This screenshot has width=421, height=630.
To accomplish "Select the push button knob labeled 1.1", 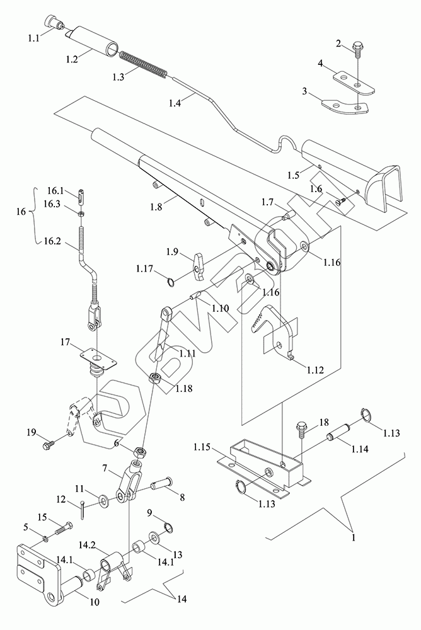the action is pyautogui.click(x=55, y=21).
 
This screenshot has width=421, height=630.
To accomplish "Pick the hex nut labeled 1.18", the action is pyautogui.click(x=156, y=378).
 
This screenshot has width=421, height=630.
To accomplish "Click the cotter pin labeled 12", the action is pyautogui.click(x=83, y=509).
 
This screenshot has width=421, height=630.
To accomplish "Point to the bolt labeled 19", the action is pyautogui.click(x=49, y=445).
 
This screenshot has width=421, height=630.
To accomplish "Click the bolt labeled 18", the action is pyautogui.click(x=302, y=431).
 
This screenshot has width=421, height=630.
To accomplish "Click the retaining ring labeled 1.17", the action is pyautogui.click(x=171, y=282).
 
